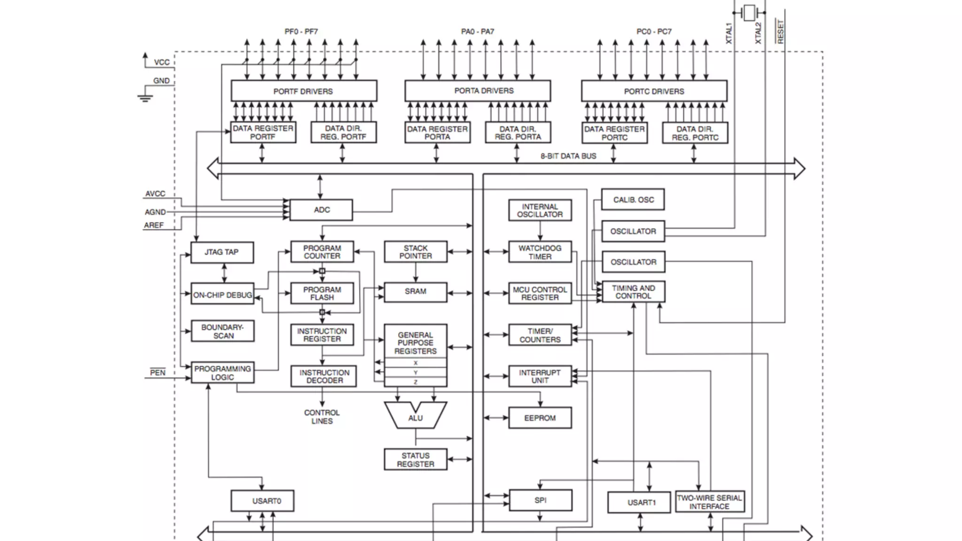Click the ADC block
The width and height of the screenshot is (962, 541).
point(321,210)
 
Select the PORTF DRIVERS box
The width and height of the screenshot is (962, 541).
point(303,91)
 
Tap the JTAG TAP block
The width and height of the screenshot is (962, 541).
point(222,252)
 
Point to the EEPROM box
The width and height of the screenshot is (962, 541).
point(540,418)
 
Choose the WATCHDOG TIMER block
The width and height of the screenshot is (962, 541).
point(540,252)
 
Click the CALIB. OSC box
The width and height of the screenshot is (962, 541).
point(633,200)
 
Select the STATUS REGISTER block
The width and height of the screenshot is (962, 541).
point(415,460)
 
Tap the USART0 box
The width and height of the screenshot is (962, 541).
point(262,501)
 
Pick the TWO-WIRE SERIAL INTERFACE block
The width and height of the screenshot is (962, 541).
point(709,502)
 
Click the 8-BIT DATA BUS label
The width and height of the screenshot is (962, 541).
point(568,156)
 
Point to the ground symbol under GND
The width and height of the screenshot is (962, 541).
point(145,98)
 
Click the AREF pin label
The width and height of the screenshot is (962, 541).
point(154,225)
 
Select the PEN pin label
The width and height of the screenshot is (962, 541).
point(157,372)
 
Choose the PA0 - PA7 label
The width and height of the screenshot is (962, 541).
point(477,31)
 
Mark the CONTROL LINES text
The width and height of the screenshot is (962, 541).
point(322,417)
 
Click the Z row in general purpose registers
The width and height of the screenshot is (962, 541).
point(415,382)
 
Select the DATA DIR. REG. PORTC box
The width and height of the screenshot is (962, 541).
point(695,133)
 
